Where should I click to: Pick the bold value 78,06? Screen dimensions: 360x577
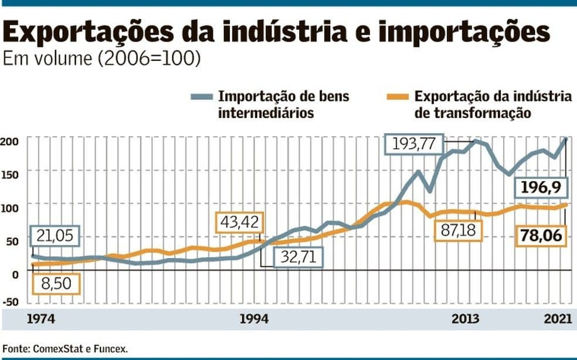click(x=542, y=236)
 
